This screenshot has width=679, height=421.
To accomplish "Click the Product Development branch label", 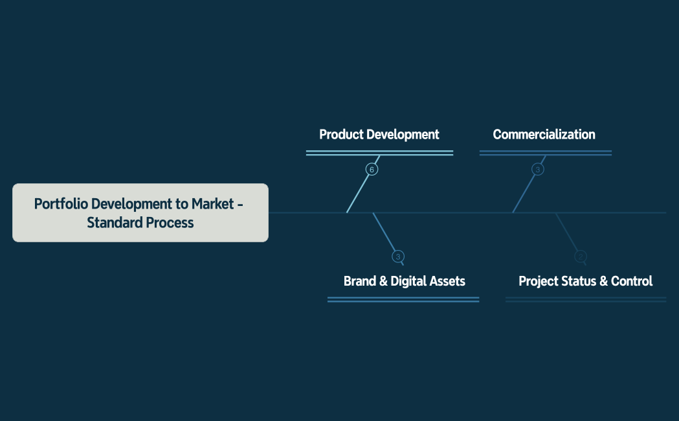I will tap(379, 135).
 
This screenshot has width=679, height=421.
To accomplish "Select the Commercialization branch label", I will tap(544, 135).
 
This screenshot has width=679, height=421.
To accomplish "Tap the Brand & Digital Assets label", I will tap(404, 281).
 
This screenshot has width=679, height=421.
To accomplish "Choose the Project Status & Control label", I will tap(585, 281).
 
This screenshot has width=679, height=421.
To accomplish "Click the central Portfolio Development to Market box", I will tap(140, 212).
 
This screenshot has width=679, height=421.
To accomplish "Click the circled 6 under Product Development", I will tap(371, 170).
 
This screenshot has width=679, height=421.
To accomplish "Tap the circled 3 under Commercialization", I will tap(537, 170).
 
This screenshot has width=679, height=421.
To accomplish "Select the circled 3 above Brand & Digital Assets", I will tap(398, 256).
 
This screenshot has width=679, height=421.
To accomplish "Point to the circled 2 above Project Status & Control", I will tap(581, 256).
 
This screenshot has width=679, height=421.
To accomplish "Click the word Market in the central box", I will tap(212, 204).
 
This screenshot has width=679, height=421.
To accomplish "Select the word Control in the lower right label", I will tap(631, 281).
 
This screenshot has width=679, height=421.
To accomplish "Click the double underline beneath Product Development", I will tap(379, 153).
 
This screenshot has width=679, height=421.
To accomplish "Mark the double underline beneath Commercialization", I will tap(545, 153).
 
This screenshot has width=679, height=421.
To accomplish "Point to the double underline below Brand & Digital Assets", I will tap(403, 299).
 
